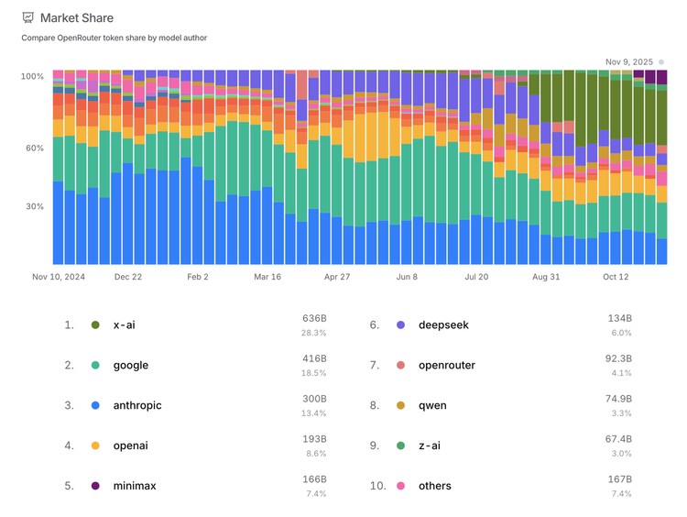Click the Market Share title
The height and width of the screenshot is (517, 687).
coord(77,17)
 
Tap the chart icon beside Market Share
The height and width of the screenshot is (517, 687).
coord(27,17)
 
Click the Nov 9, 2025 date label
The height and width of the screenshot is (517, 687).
coord(629,62)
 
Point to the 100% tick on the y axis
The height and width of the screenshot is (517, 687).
coord(32,76)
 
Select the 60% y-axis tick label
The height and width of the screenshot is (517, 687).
coord(34,148)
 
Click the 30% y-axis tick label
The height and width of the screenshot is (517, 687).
coord(34,206)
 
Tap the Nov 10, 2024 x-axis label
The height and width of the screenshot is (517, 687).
coord(59,276)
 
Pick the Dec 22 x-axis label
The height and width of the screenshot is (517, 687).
coord(128,276)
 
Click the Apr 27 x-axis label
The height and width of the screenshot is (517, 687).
coord(337,276)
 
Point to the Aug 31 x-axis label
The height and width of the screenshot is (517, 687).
coord(545,276)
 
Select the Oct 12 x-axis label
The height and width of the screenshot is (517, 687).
coord(616,276)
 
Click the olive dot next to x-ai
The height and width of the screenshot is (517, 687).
coord(94,324)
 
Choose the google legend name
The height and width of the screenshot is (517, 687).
coord(130,365)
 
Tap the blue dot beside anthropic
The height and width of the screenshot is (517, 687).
coord(94,405)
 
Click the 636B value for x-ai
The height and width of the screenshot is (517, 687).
coord(314,318)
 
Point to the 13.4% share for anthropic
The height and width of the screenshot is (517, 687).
coord(314,412)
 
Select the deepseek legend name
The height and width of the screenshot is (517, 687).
coord(443,324)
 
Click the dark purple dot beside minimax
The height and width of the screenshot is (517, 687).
coord(94,486)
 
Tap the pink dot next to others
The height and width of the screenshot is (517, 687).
coord(400,486)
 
